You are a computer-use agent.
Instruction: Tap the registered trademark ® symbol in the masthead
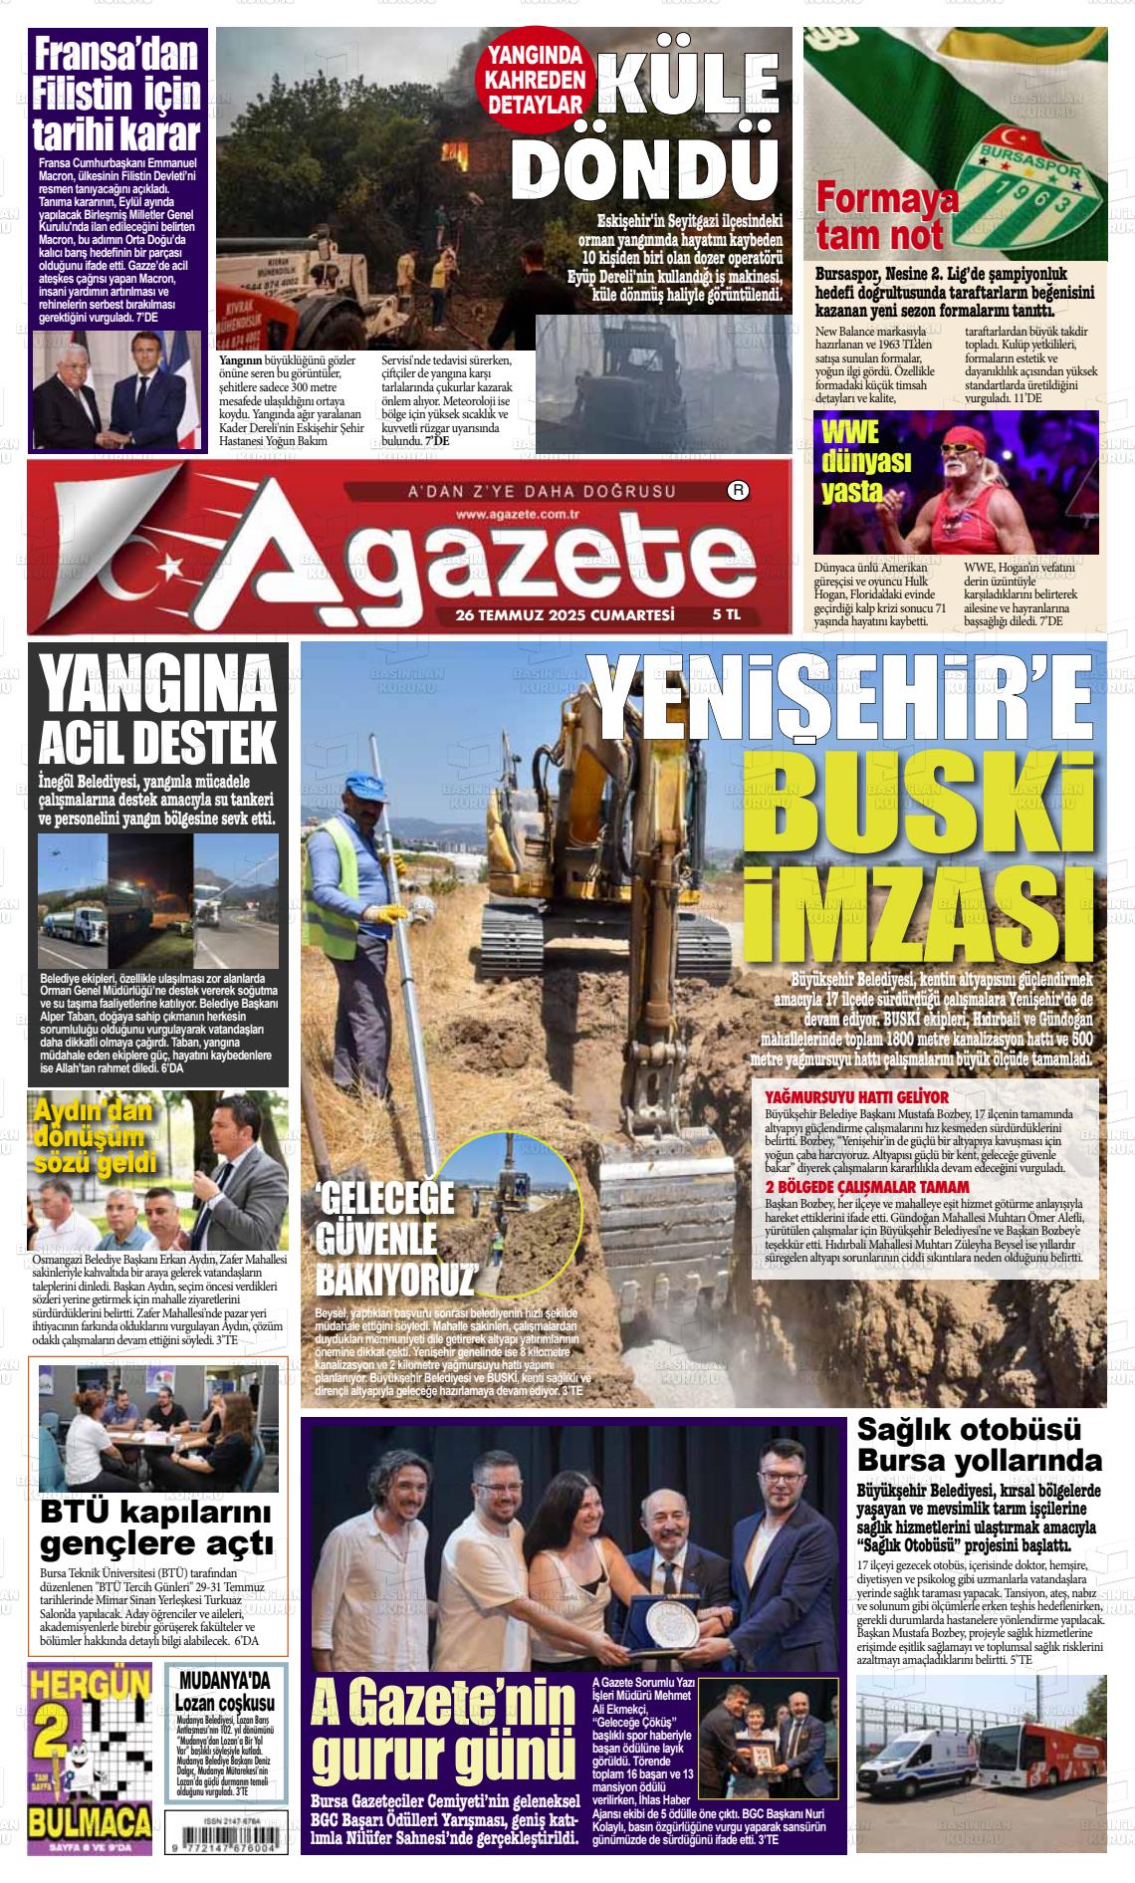[738, 490]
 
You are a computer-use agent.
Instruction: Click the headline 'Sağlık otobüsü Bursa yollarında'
[980, 1445]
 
